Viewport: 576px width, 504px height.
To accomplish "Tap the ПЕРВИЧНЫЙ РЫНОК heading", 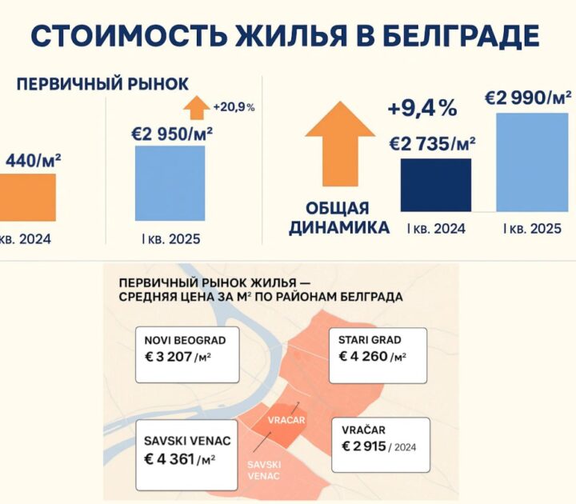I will point(103,84).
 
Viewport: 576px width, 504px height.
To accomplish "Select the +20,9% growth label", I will point(234,106).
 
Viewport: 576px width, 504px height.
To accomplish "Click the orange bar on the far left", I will point(27,197).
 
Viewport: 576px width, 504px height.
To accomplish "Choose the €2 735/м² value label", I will point(432,143).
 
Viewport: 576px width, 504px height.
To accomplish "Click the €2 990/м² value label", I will point(529,98).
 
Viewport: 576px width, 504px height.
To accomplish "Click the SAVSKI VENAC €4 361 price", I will point(181,459).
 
